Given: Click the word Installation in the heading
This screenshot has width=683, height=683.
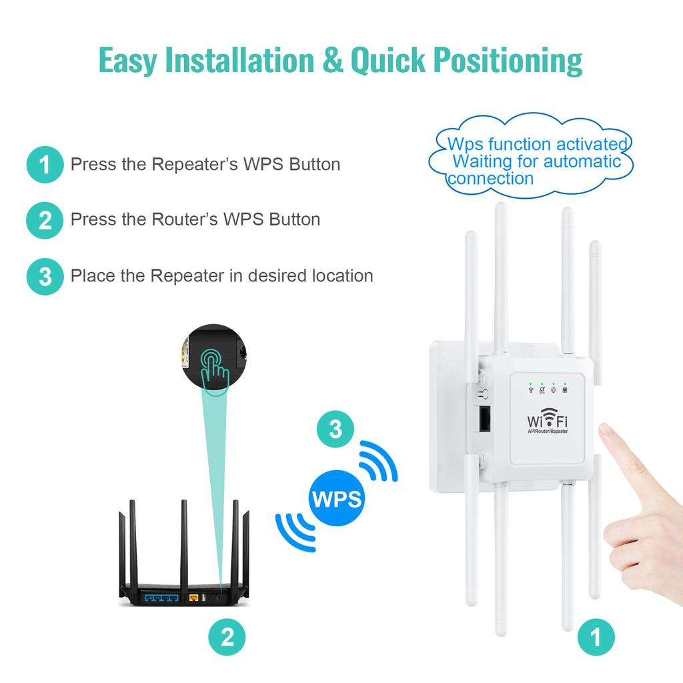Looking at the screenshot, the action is coord(239,59).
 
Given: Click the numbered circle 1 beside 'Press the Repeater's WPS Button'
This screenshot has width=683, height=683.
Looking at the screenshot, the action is coord(45,165).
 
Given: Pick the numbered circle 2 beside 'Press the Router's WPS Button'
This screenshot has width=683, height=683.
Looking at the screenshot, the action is coord(45,220).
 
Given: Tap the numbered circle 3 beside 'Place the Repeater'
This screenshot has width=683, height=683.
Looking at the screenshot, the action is coord(45,277).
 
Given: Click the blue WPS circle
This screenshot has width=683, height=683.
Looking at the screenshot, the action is coord(336,498).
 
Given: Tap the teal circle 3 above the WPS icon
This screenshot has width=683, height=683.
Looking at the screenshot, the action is coord(335,429).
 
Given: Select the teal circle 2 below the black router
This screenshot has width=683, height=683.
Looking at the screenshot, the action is coord(227,637).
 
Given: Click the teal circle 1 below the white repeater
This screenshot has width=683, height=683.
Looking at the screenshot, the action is coord(596,637).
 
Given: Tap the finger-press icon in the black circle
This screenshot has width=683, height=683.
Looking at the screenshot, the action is coord(214,369).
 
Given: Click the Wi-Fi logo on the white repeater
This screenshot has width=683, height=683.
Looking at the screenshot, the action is coord(548,419).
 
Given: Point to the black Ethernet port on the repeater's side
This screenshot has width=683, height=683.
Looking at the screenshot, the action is coord(484,419).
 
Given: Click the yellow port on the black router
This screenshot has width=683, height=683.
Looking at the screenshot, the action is coord(194,598).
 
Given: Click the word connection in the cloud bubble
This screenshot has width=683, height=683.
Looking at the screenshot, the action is coord(491,179).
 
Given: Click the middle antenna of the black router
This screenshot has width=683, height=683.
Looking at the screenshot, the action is coord(184,546).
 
